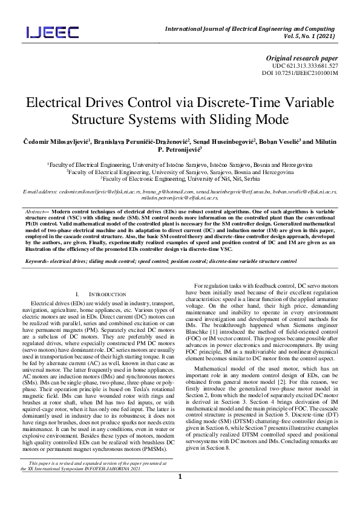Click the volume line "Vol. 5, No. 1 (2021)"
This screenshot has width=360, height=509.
coord(309,36)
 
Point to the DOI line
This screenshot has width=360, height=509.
coord(299,73)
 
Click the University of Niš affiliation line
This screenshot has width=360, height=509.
coord(180,179)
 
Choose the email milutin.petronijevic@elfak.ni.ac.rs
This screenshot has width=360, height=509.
coord(179,197)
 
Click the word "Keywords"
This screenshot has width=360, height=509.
coord(38,244)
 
